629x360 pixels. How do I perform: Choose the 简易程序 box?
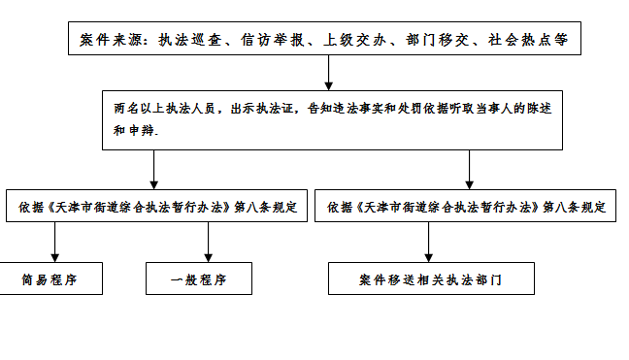pyautogui.click(x=49, y=280)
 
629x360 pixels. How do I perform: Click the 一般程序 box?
pyautogui.click(x=198, y=280)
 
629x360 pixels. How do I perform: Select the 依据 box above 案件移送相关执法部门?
pyautogui.click(x=466, y=207)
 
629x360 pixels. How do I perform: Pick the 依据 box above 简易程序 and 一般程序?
pyautogui.click(x=156, y=207)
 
